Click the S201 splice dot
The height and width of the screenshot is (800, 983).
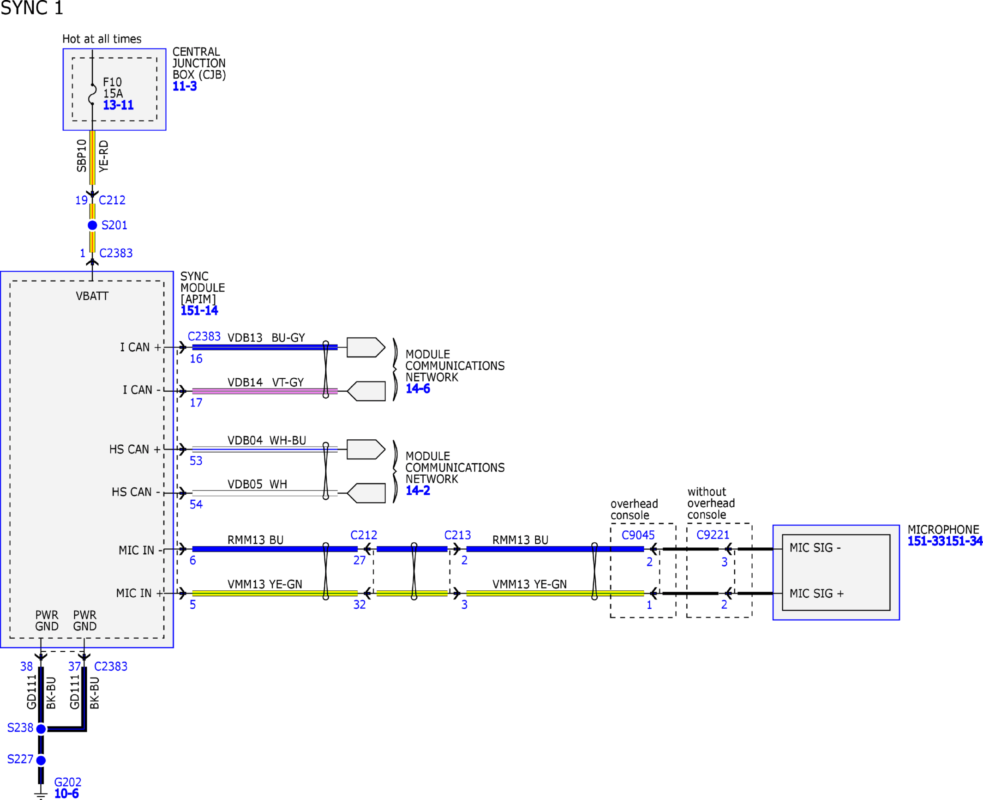(x=92, y=225)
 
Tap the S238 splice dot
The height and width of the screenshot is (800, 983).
(x=41, y=729)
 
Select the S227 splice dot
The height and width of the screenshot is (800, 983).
(x=41, y=760)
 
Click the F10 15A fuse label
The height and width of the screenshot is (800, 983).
(x=113, y=88)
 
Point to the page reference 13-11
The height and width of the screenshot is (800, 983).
(x=118, y=105)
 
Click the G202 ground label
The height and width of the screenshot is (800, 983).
(x=68, y=782)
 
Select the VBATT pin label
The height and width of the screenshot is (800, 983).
(x=92, y=296)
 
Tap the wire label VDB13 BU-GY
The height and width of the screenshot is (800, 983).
(x=266, y=338)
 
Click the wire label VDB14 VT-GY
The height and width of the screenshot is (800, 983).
(x=266, y=382)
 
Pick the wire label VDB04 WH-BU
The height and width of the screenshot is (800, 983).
(x=267, y=440)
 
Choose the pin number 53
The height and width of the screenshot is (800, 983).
(x=196, y=461)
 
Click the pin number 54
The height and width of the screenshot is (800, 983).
(x=196, y=504)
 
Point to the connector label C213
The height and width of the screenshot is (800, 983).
(x=457, y=535)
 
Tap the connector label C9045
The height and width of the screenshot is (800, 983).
(x=638, y=535)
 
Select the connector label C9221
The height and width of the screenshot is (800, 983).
(x=713, y=535)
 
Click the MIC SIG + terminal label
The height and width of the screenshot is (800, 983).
(x=817, y=594)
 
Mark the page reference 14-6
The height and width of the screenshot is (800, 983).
(x=418, y=389)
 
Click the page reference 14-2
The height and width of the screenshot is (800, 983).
(x=418, y=491)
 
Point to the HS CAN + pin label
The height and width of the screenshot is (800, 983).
(x=135, y=449)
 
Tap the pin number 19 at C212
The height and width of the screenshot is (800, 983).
(x=82, y=200)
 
